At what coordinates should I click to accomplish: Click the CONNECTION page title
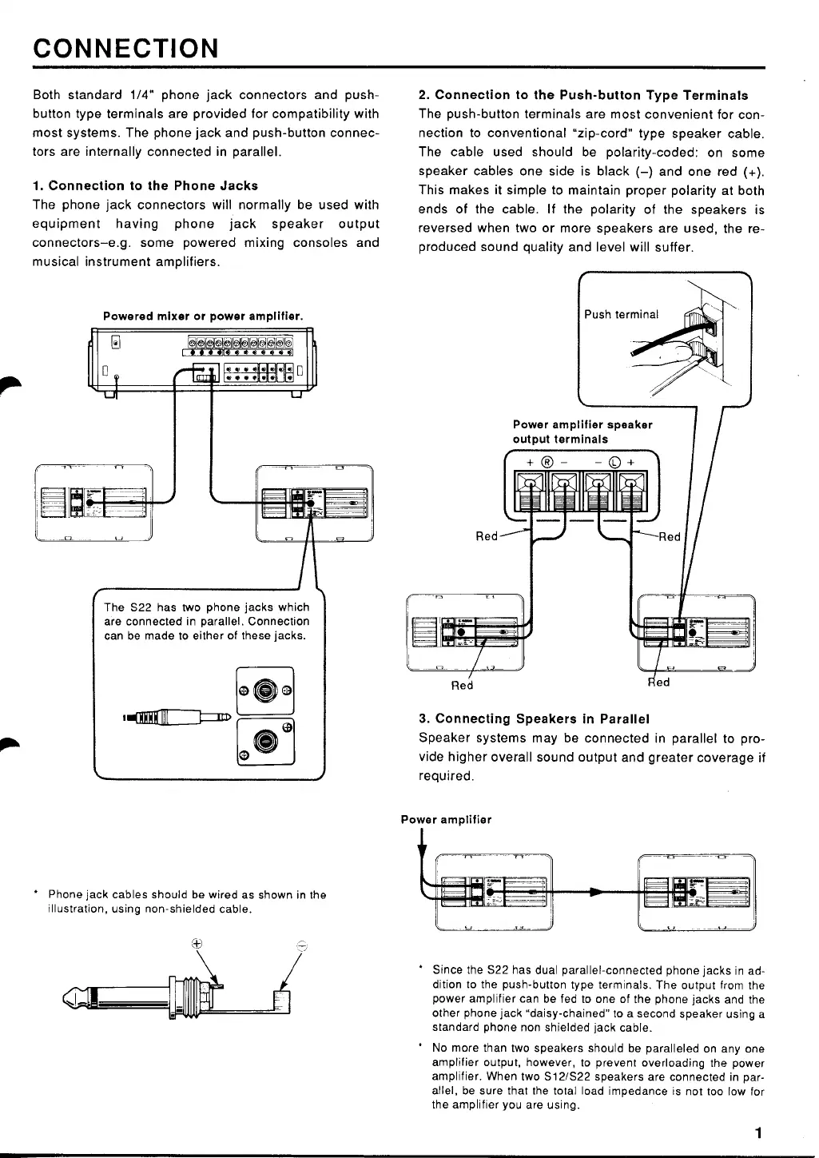(x=125, y=48)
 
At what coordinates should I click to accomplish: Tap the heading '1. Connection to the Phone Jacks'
(x=145, y=185)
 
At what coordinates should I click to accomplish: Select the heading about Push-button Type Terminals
(x=583, y=95)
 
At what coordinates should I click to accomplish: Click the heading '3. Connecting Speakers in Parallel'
(x=534, y=718)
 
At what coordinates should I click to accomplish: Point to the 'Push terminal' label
(x=622, y=314)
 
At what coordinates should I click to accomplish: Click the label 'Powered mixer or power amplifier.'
(x=203, y=316)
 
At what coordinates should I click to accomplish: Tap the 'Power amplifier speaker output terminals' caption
(x=582, y=432)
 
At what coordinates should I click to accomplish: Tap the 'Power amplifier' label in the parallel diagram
(x=446, y=819)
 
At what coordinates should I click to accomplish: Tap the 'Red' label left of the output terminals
(x=487, y=535)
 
